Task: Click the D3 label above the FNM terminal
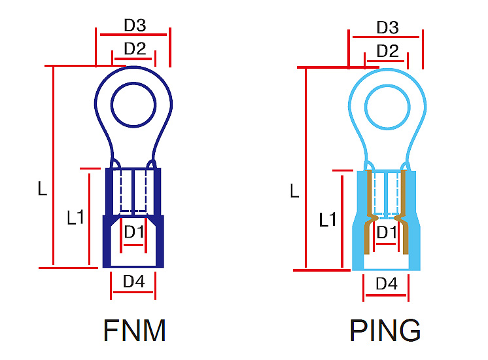(135, 26)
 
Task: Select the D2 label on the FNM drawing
(135, 48)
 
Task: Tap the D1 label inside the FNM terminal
(134, 232)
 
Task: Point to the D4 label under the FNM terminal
(134, 281)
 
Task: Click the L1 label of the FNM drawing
(76, 217)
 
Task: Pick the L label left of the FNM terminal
(42, 190)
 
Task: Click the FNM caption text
(134, 331)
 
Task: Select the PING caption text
(385, 331)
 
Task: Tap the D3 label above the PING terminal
(387, 27)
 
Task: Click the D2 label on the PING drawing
(387, 51)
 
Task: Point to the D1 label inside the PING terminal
(386, 232)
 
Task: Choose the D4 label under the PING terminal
(386, 284)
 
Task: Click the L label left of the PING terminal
(294, 191)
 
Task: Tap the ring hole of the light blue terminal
(386, 107)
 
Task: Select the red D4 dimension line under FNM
(134, 293)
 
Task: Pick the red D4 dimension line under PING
(386, 295)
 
